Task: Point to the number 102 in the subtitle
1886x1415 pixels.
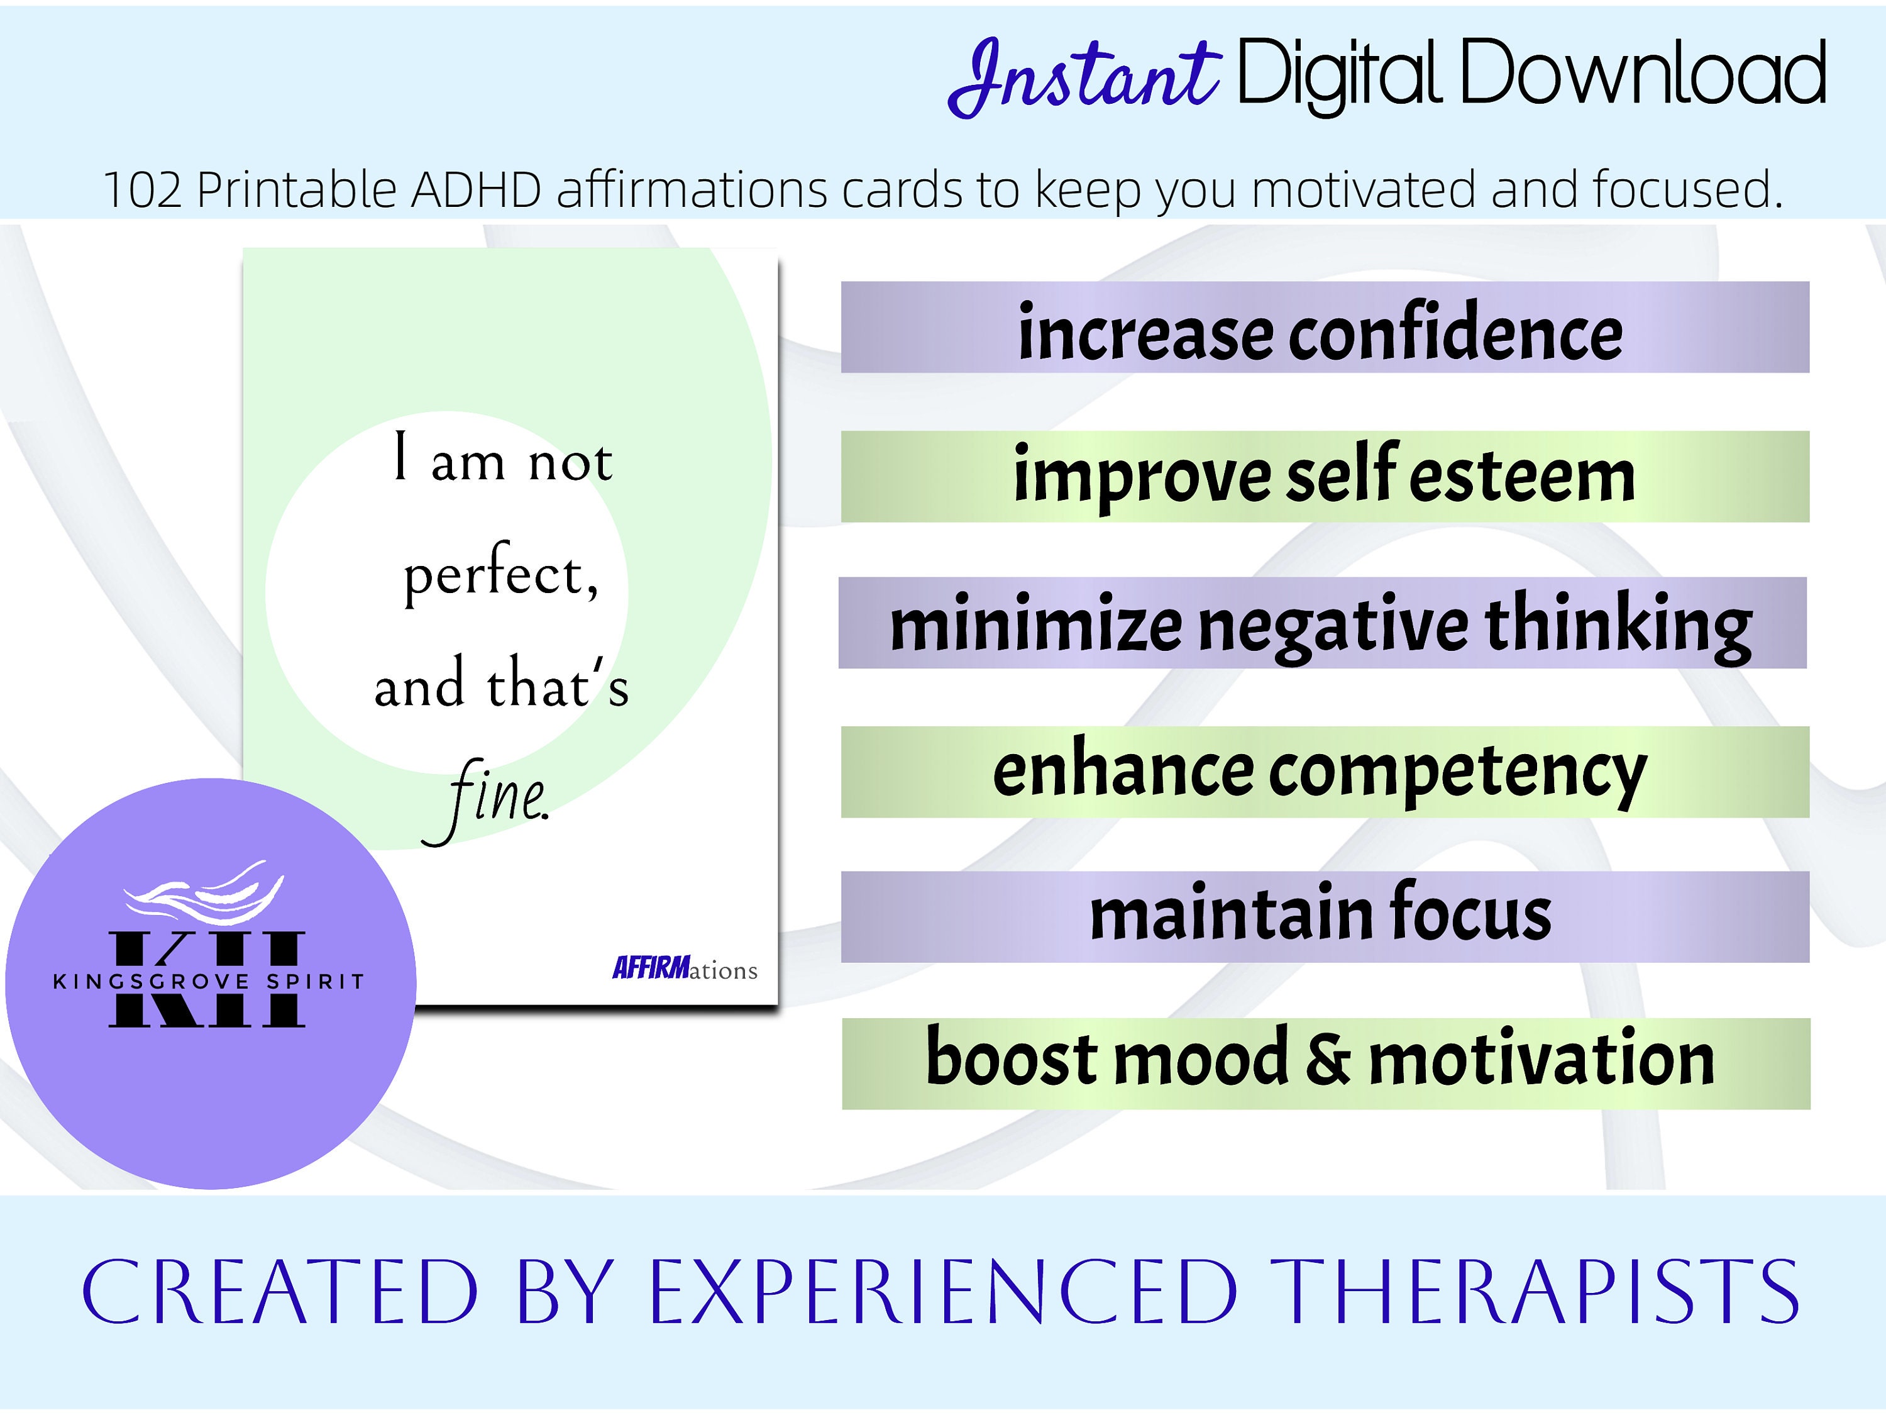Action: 141,189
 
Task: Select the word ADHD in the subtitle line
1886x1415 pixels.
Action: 476,189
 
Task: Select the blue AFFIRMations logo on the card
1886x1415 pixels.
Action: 684,969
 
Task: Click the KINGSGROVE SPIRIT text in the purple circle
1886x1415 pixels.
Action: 209,982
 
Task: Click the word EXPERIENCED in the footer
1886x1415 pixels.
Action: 943,1293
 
